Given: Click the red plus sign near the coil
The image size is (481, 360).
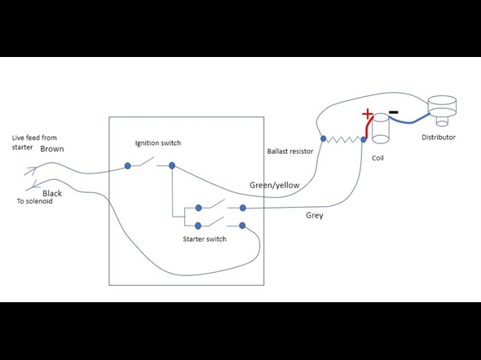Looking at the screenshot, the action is point(367,114).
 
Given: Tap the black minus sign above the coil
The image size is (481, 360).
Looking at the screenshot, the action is point(393,112).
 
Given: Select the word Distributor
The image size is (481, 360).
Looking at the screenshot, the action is point(439,138).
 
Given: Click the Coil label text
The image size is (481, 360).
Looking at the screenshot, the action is point(377,158).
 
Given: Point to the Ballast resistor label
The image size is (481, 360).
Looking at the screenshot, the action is point(290,151).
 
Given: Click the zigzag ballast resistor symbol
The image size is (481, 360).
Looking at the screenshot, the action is point(343,140).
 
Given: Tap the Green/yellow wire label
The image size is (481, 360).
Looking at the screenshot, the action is point(275,185).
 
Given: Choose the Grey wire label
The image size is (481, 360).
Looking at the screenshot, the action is point(315,215).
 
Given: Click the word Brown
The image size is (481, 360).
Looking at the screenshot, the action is point(52,149).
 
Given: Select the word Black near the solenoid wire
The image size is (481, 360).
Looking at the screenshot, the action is point(52,193).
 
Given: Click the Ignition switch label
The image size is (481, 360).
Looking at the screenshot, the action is point(158,143).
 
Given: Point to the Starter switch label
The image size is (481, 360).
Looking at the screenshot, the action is point(205,239).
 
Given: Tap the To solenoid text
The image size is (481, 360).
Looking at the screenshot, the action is point(35,201).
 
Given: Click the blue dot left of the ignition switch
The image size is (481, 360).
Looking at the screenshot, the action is point(128,166).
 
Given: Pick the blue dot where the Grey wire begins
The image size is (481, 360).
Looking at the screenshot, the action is point(243,208).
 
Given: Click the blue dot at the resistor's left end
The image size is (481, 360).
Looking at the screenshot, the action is point(323,138).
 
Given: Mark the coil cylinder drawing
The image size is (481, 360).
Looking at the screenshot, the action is point(381,128).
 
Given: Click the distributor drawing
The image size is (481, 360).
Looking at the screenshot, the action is point(442,111).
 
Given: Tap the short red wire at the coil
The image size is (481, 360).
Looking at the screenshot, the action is point(368,128).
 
